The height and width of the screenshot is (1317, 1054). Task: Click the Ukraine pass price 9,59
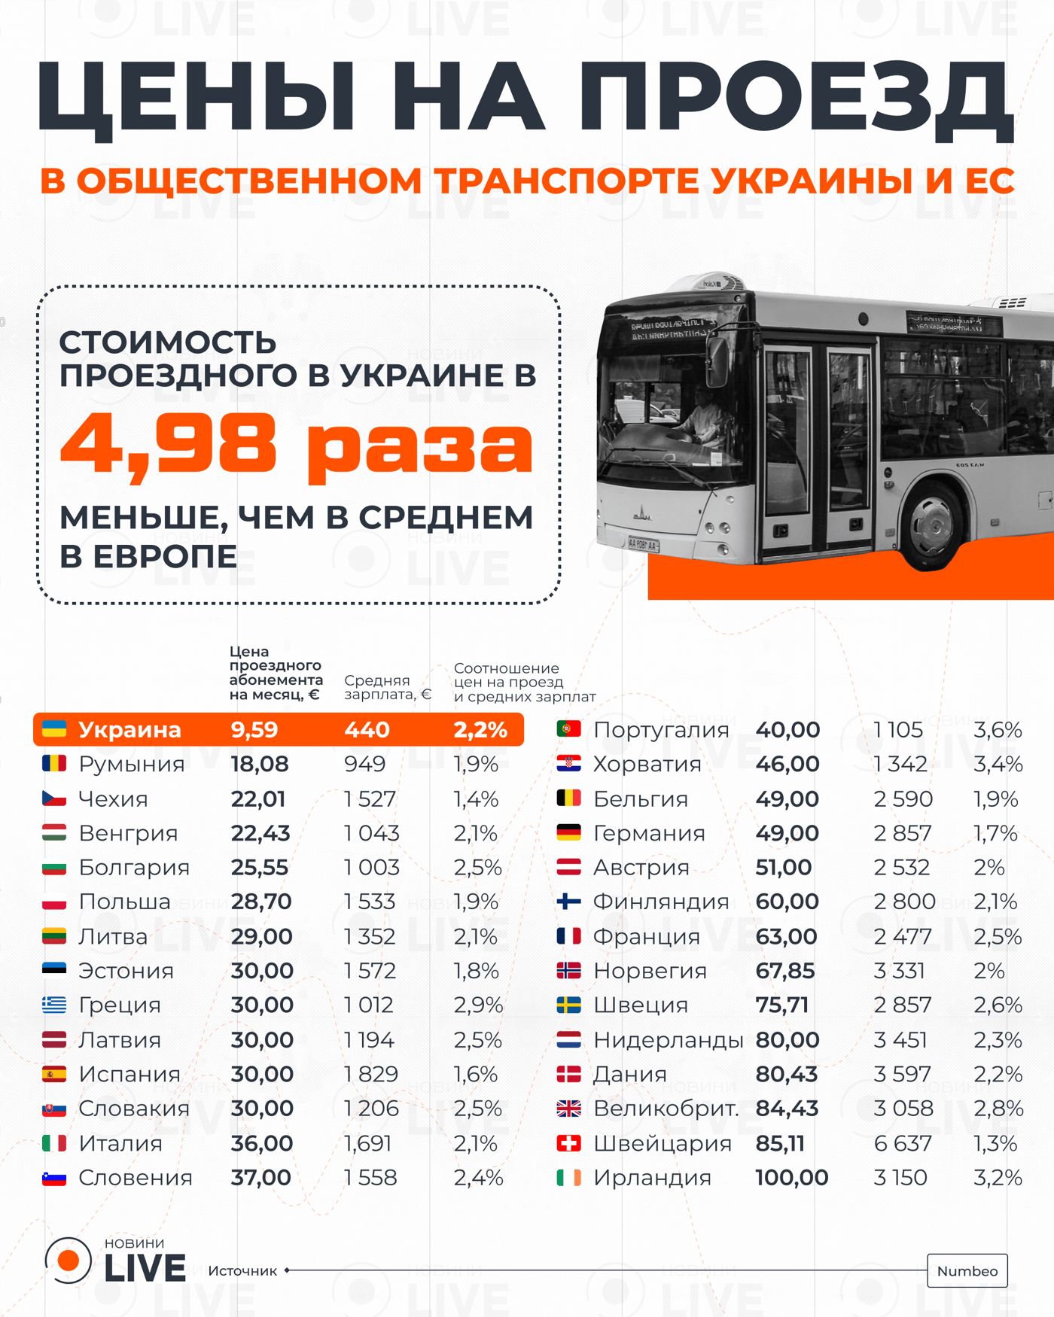254,729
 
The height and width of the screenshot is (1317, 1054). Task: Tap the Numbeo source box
967,1270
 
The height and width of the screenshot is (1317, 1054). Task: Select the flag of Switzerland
568,1143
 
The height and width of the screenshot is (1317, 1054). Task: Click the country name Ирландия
652,1178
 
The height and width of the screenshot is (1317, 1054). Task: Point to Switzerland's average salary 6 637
903,1143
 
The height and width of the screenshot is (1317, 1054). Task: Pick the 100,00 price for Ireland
791,1178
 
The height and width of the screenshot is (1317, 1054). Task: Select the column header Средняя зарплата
387,687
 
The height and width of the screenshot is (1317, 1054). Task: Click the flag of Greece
54,1005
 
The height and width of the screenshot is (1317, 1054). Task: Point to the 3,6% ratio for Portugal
998,729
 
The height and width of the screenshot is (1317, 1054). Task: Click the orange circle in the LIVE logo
69,1260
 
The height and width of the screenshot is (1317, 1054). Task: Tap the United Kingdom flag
568,1109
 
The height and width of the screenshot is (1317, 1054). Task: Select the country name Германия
649,833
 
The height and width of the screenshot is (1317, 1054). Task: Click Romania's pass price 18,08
260,764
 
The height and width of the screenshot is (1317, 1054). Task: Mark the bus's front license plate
643,543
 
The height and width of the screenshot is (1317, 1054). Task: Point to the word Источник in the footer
242,1270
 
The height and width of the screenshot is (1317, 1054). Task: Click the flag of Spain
54,1074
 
